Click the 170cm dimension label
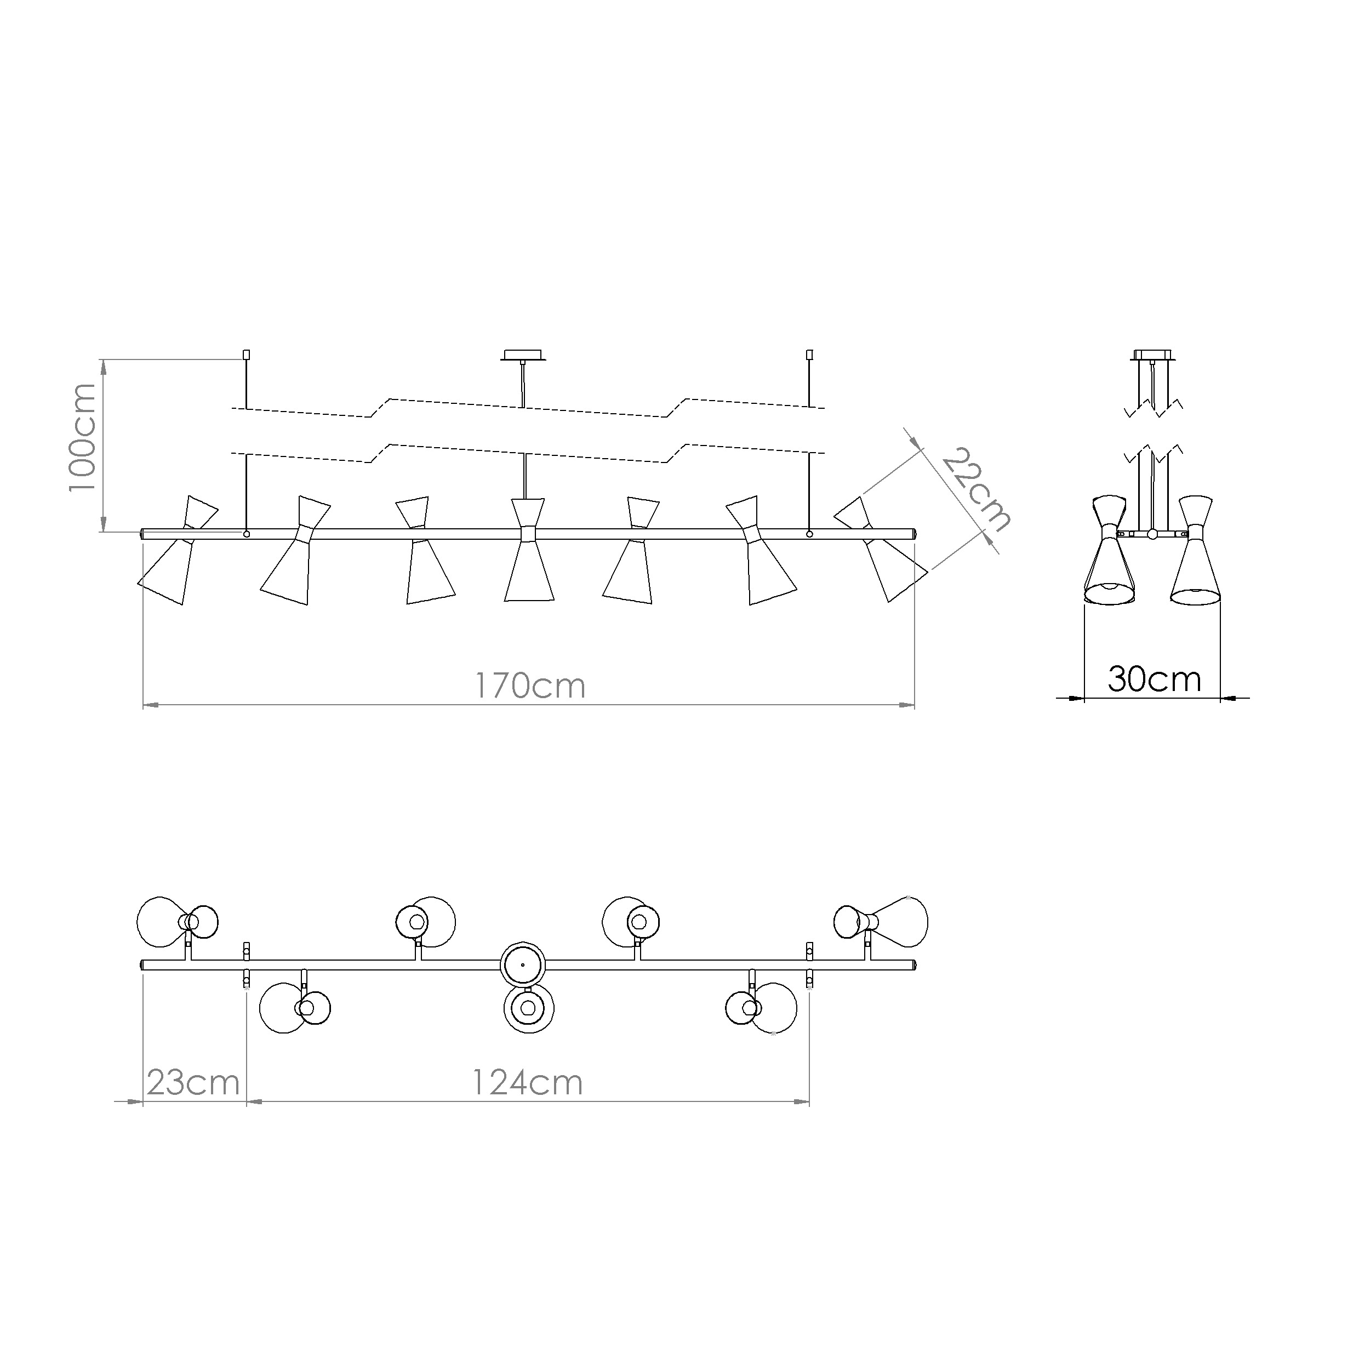(530, 686)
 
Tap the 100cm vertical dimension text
(82, 437)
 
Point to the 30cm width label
(1154, 679)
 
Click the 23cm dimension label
(193, 1083)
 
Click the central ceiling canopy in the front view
(523, 355)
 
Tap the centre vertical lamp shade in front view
(529, 550)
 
